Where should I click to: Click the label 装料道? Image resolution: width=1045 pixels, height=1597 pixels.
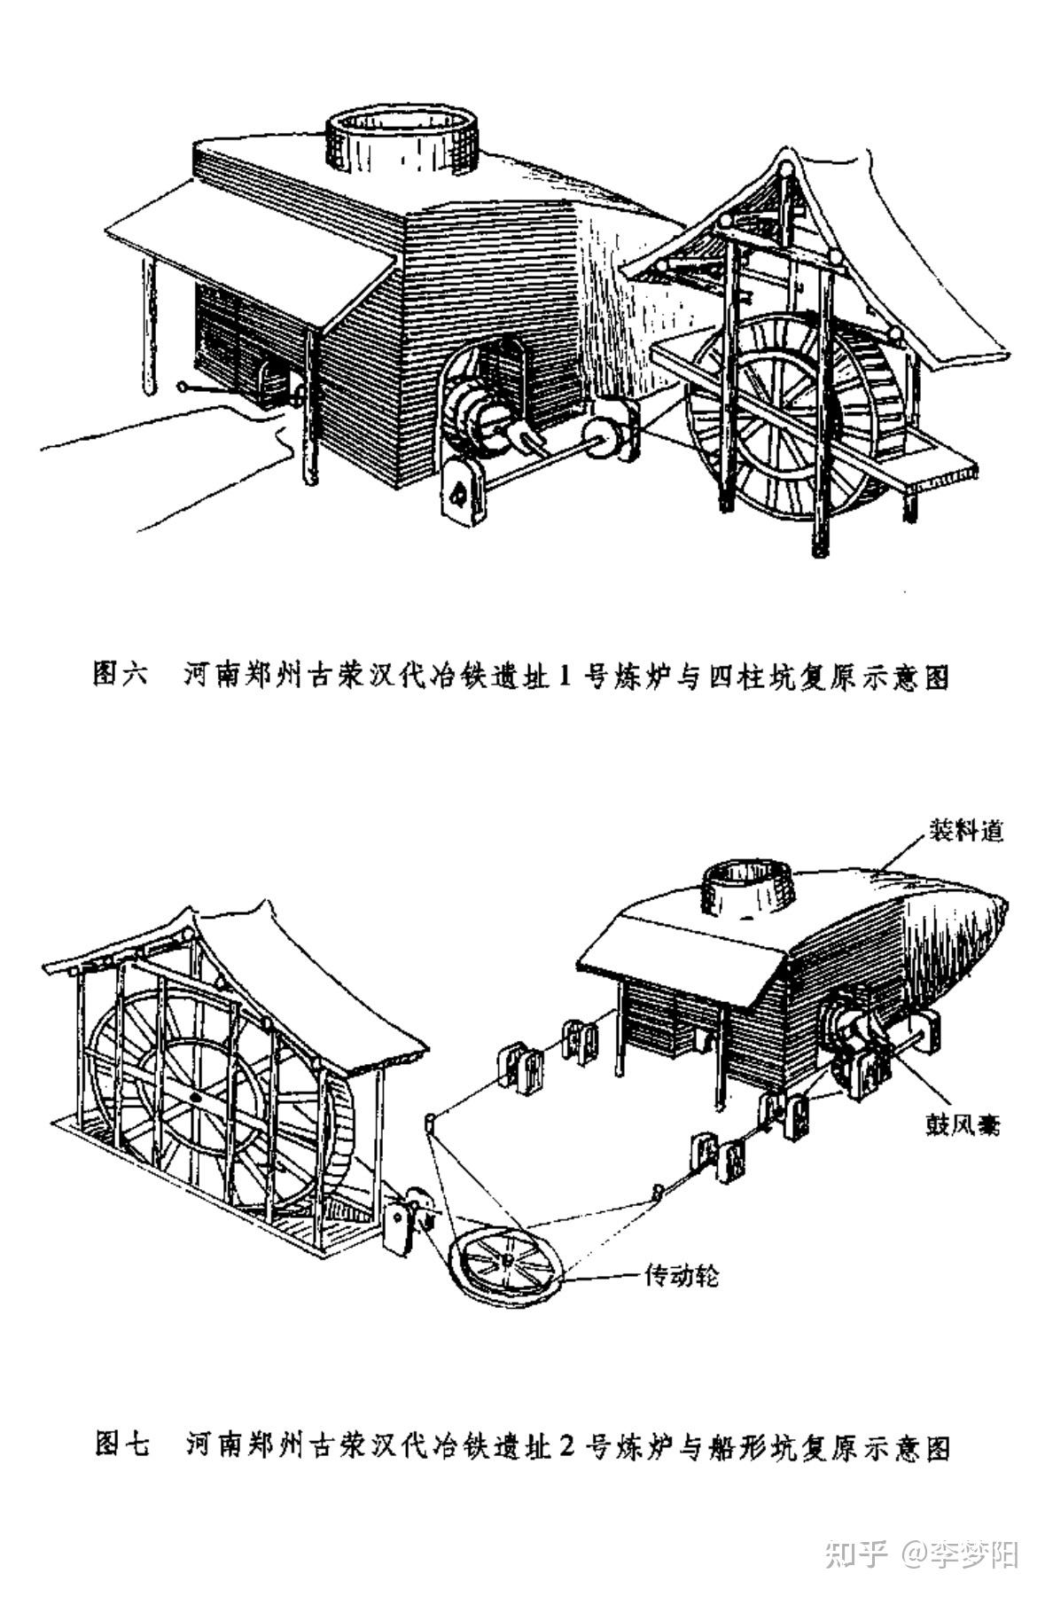point(965,832)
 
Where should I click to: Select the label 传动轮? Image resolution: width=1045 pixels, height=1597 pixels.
point(681,1276)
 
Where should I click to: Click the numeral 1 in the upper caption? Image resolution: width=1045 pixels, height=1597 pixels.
point(566,676)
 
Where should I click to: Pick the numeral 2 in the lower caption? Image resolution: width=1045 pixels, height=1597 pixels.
point(568,1446)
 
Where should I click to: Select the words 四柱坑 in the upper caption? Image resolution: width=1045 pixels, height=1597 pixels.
point(753,676)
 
